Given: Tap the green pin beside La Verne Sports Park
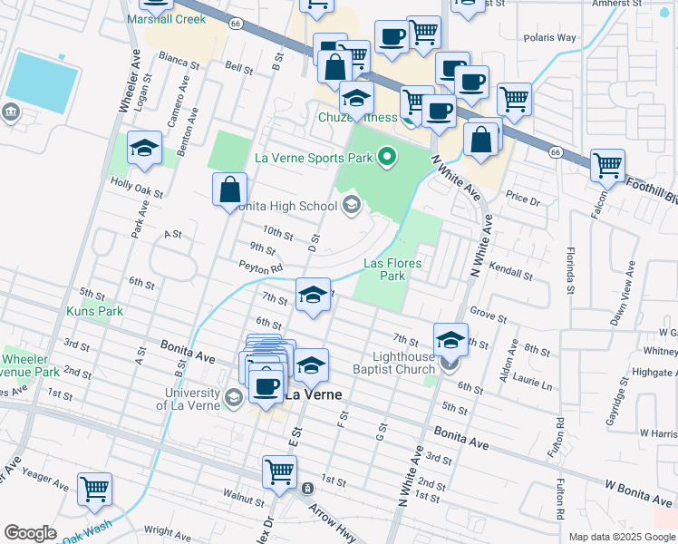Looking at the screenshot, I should click(387, 159).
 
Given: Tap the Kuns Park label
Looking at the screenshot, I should click(94, 311).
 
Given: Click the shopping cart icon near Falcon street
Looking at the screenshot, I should click(607, 166).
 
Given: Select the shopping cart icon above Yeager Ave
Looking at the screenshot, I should click(94, 489).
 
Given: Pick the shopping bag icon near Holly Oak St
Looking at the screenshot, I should click(230, 189).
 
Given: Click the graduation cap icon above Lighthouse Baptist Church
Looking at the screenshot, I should click(450, 339).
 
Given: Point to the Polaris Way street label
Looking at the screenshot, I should click(550, 38).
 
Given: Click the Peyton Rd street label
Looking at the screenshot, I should click(262, 267).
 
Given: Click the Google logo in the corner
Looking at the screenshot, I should click(30, 533).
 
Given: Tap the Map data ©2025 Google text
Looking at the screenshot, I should click(622, 537).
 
